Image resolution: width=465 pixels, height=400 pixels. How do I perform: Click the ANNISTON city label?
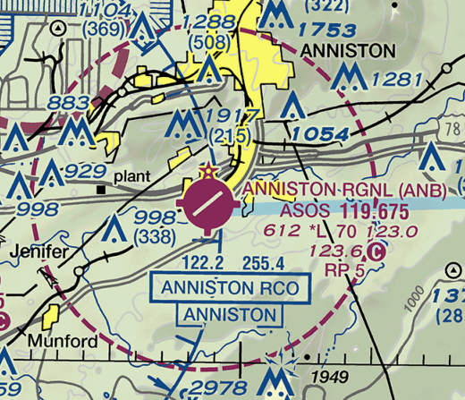348,50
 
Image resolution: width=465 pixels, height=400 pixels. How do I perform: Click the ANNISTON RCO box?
230,288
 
